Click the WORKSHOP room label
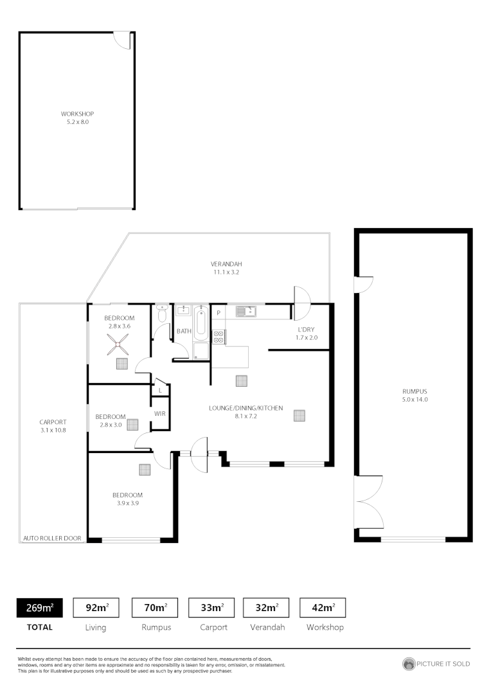(77, 114)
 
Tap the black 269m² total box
(39, 607)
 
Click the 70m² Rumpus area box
(155, 607)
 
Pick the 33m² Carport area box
(211, 607)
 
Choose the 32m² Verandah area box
(266, 607)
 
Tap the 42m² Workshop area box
(323, 607)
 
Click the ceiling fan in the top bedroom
(119, 346)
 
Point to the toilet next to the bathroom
(161, 315)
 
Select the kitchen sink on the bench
(245, 312)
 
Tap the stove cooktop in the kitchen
(219, 336)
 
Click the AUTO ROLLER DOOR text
(53, 538)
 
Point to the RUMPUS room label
(415, 391)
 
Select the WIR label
(160, 413)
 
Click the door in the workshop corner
(123, 40)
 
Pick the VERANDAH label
(226, 264)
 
